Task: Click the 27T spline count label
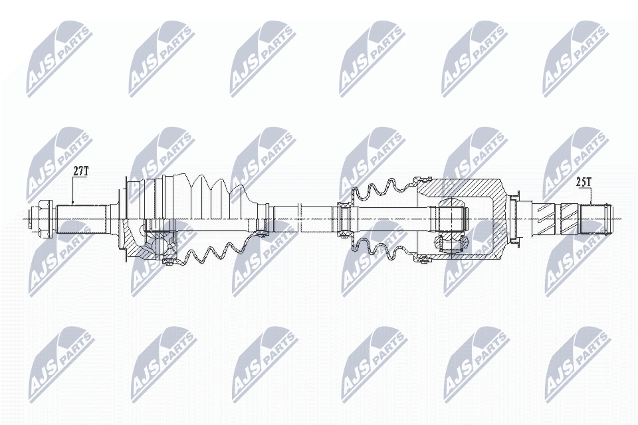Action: [x=80, y=171]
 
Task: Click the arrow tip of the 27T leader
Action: [x=72, y=203]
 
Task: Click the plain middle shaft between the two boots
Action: [x=302, y=216]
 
